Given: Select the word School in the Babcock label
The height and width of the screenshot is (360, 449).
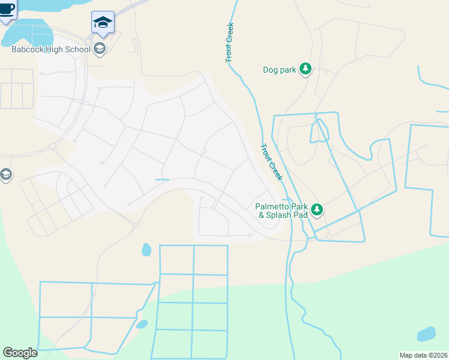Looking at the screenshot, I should point(79,50).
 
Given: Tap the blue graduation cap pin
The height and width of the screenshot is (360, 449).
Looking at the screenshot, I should point(103,23).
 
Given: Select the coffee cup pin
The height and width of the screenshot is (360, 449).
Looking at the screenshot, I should point(7,10).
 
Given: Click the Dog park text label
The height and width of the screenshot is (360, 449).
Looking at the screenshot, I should point(280,70).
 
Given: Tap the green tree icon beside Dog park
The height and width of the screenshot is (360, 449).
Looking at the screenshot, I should point(306,69).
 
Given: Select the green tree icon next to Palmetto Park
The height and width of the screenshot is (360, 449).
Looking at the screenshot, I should point(317,209).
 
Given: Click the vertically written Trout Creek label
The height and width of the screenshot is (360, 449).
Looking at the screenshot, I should point(229,43).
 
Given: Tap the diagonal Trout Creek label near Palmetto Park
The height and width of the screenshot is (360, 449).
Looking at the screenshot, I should point(271,163).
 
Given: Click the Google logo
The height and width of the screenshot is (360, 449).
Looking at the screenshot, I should point(20,353).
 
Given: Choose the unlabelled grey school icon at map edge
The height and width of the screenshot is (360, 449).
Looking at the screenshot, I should point(5,175).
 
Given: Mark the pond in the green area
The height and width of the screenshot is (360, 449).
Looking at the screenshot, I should point(426,334).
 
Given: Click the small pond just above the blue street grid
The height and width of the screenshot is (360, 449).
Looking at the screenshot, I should point(146,249).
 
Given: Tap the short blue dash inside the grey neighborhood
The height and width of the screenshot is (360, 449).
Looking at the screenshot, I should point(162,179).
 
